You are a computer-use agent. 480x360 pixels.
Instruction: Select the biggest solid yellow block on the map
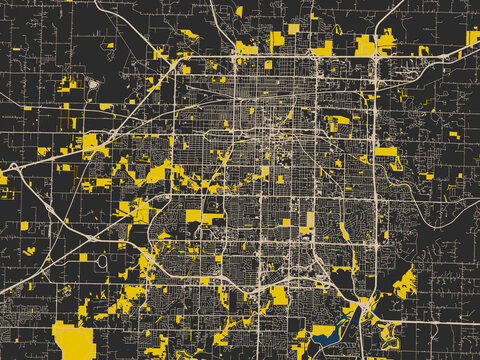[74, 339]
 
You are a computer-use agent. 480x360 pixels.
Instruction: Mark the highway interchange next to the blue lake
[362, 302]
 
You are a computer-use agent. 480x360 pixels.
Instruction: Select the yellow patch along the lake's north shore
[322, 329]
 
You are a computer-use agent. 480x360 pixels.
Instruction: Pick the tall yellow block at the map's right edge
[472, 38]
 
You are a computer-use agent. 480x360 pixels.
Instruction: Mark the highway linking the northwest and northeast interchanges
[280, 55]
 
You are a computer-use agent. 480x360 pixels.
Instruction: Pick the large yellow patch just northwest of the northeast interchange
[365, 46]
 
